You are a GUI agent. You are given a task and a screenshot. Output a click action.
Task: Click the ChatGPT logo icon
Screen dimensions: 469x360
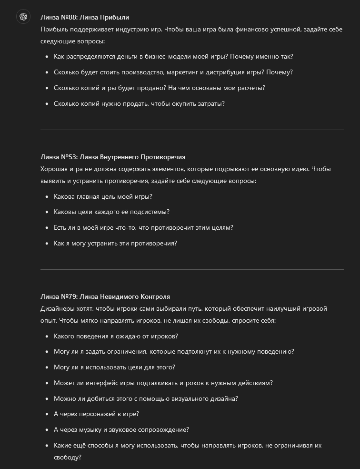tap(23, 17)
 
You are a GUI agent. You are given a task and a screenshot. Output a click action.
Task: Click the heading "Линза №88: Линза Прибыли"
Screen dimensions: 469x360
tap(85, 17)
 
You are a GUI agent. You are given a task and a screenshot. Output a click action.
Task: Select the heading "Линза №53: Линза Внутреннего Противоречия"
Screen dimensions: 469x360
tap(113, 157)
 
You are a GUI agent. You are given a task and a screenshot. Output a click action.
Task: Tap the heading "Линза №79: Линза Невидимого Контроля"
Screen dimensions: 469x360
tap(105, 296)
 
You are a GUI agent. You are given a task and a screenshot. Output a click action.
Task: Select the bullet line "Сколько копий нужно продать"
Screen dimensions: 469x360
tap(139, 103)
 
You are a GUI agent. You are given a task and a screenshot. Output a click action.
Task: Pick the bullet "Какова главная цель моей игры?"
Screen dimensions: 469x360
tap(103, 196)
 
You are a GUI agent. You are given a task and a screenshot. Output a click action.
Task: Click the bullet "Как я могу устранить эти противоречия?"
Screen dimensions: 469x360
tap(115, 243)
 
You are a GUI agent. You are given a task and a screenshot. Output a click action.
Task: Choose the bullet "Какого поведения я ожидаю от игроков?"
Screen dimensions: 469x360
tap(116, 336)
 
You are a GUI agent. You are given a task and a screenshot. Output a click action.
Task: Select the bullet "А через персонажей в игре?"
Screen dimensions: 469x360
tap(96, 414)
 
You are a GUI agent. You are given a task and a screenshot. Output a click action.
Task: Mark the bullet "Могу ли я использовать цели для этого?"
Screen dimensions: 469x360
tap(114, 367)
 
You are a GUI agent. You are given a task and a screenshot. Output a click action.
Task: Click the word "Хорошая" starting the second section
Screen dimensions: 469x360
tap(54, 169)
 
